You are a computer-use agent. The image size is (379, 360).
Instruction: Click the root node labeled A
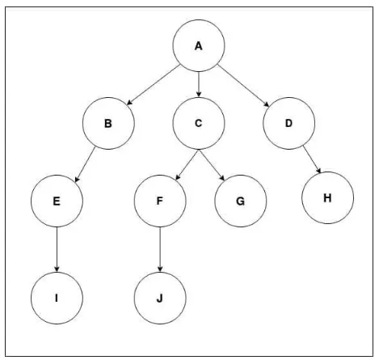tap(199, 45)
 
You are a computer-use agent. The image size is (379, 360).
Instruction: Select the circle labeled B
tap(108, 123)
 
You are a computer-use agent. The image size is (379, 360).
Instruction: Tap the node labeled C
tap(199, 123)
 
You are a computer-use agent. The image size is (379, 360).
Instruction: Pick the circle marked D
tap(288, 123)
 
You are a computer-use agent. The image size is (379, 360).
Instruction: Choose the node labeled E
tap(57, 201)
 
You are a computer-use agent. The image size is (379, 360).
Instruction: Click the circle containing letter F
tap(160, 201)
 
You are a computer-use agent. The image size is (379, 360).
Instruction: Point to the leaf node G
tap(241, 201)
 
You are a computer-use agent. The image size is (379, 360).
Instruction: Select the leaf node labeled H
tap(327, 197)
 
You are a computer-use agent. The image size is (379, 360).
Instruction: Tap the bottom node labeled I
tap(57, 298)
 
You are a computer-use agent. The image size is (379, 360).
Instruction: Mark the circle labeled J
tap(160, 298)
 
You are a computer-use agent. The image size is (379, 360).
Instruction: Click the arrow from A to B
tap(154, 85)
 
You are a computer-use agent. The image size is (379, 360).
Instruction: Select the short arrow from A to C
tap(199, 84)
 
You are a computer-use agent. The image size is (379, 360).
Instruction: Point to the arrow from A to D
tap(243, 86)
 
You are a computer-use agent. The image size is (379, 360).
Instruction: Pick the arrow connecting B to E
tap(85, 164)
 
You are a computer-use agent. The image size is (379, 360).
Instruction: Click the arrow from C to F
tap(187, 165)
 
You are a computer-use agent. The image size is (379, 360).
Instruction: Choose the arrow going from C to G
tap(212, 165)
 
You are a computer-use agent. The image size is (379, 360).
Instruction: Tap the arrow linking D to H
tap(312, 159)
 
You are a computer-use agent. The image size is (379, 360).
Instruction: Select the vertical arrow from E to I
tap(57, 249)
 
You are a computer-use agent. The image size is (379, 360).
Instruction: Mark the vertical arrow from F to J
tap(160, 249)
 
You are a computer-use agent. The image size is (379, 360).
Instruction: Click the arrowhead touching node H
tap(319, 171)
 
